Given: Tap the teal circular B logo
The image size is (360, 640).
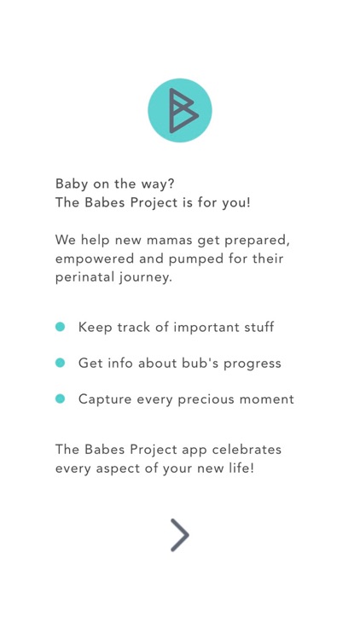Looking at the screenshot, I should click(x=179, y=110).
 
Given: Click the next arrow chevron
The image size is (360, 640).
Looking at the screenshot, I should click(x=179, y=535).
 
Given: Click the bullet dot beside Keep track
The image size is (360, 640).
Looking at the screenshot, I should click(x=61, y=327).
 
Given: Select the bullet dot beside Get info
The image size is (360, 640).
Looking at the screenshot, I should click(x=61, y=363).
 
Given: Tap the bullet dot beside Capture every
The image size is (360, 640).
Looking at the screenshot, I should click(x=61, y=399).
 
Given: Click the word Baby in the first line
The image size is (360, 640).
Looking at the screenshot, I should click(x=72, y=183).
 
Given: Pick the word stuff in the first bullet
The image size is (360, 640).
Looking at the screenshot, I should click(x=256, y=327).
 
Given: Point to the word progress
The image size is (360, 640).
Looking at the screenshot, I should click(x=251, y=363).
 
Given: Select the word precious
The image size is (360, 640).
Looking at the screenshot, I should click(x=200, y=399).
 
